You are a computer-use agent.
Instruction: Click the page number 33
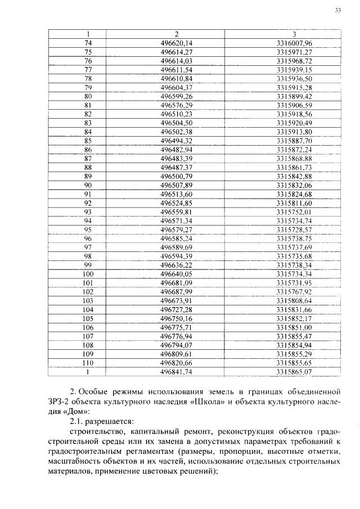coord(337,10)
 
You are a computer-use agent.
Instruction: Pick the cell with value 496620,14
coord(176,43)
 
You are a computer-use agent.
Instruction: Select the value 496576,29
coord(176,105)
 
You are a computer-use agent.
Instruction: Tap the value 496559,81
coord(176,212)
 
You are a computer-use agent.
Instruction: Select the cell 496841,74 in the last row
coord(176,372)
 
